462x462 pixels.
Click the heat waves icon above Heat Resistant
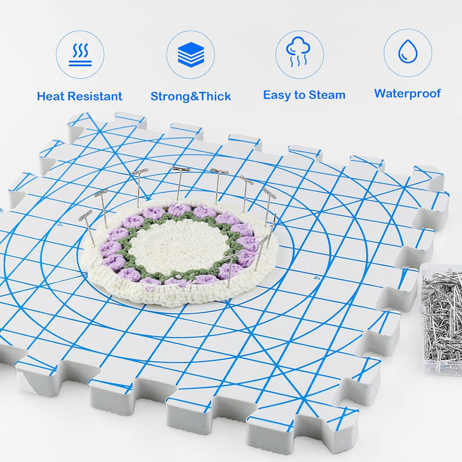pyautogui.click(x=80, y=55)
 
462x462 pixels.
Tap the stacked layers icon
pyautogui.click(x=191, y=55)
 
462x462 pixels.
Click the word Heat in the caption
pyautogui.click(x=51, y=96)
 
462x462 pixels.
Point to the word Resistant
pyautogui.click(x=95, y=96)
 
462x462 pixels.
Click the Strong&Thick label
pyautogui.click(x=191, y=96)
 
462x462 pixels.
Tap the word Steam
pyautogui.click(x=327, y=95)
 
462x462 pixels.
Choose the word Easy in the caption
pyautogui.click(x=277, y=96)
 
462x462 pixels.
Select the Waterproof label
pyautogui.click(x=407, y=94)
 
